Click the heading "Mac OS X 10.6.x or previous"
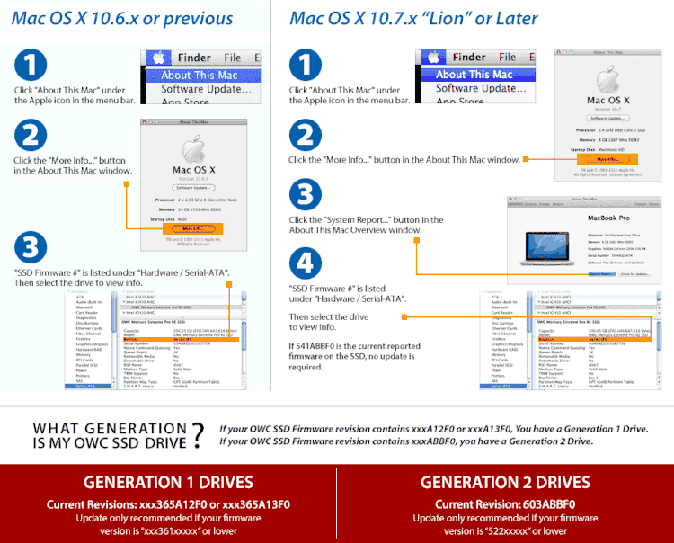pyautogui.click(x=122, y=19)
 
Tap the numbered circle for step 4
pyautogui.click(x=306, y=263)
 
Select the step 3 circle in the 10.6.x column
pyautogui.click(x=31, y=247)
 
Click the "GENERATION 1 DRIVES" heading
pyautogui.click(x=168, y=483)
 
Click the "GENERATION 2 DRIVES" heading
pyautogui.click(x=505, y=483)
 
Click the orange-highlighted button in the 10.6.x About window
pyautogui.click(x=189, y=229)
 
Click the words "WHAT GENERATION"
pyautogui.click(x=109, y=429)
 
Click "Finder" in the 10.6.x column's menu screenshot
pyautogui.click(x=193, y=58)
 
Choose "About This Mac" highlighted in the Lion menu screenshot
pyautogui.click(x=474, y=75)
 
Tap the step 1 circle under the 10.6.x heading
pyautogui.click(x=31, y=66)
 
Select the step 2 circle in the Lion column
pyautogui.click(x=306, y=137)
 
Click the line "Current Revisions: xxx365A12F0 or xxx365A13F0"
pyautogui.click(x=168, y=504)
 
